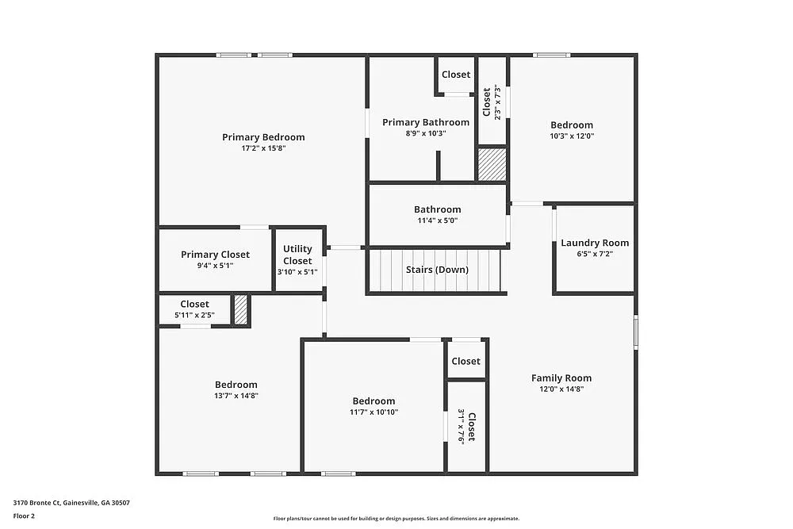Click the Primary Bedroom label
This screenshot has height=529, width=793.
pyautogui.click(x=263, y=137)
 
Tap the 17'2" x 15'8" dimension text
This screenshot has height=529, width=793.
pyautogui.click(x=263, y=148)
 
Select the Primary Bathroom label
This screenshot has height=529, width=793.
pyautogui.click(x=426, y=122)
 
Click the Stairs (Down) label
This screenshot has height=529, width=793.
pyautogui.click(x=437, y=270)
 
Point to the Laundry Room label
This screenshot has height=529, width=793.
pyautogui.click(x=595, y=243)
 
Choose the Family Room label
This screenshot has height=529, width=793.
pyautogui.click(x=561, y=378)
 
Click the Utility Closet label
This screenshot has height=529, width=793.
pyautogui.click(x=297, y=255)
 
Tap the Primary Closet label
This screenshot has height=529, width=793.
pyautogui.click(x=215, y=255)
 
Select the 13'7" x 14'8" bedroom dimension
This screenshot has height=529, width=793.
pyautogui.click(x=236, y=396)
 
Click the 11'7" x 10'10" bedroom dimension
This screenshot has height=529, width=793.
pyautogui.click(x=374, y=412)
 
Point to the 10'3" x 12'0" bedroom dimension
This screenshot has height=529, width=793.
pyautogui.click(x=572, y=136)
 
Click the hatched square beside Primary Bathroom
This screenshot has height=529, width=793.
pyautogui.click(x=492, y=164)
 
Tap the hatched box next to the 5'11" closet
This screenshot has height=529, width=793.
pyautogui.click(x=241, y=309)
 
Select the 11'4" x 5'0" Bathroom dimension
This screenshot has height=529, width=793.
pyautogui.click(x=437, y=220)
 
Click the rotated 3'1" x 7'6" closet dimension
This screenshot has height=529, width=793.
pyautogui.click(x=461, y=427)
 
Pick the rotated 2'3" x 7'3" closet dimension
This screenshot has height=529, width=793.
pyautogui.click(x=497, y=102)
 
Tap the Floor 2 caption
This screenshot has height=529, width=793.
pyautogui.click(x=24, y=516)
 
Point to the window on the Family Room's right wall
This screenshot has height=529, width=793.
pyautogui.click(x=635, y=332)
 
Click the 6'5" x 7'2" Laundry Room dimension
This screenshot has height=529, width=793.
pyautogui.click(x=595, y=254)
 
